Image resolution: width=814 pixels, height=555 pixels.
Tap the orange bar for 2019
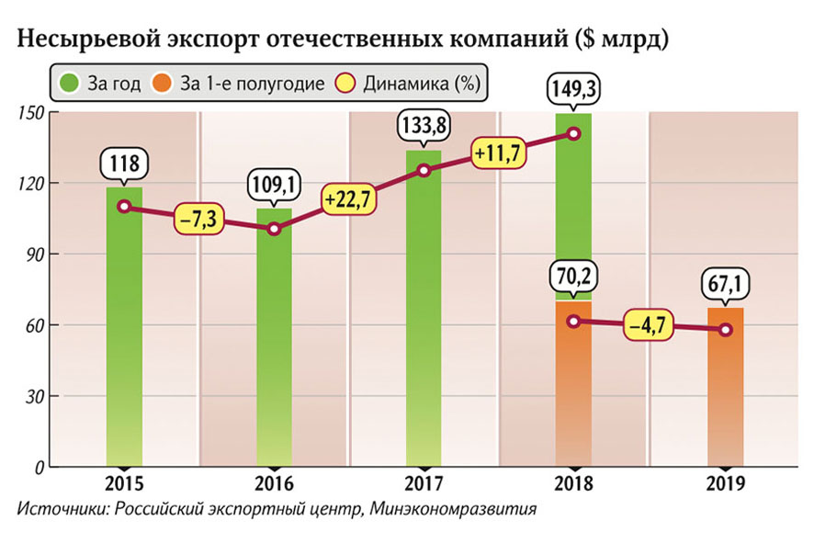tap(726, 395)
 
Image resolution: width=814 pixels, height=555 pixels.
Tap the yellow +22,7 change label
tap(349, 199)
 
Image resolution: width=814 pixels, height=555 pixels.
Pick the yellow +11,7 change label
tap(498, 152)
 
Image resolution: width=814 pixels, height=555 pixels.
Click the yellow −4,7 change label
tap(649, 325)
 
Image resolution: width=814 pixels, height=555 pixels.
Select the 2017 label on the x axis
tap(423, 481)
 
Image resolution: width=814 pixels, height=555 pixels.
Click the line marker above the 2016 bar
tap(274, 229)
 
